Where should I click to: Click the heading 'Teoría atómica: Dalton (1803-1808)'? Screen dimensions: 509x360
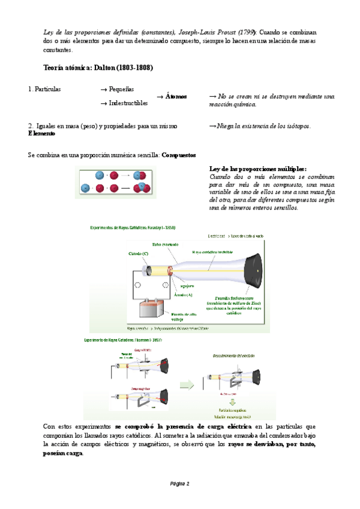98,68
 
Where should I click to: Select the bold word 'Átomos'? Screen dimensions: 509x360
176,96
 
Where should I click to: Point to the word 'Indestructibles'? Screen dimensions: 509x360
128,103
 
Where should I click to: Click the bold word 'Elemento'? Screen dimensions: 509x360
45,133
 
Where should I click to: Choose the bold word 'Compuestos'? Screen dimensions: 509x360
179,155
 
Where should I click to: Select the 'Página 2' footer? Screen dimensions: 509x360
179,483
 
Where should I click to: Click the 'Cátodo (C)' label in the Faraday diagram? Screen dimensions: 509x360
139,254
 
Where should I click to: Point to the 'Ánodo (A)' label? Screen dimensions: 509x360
183,295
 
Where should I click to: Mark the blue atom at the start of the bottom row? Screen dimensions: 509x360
86,187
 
